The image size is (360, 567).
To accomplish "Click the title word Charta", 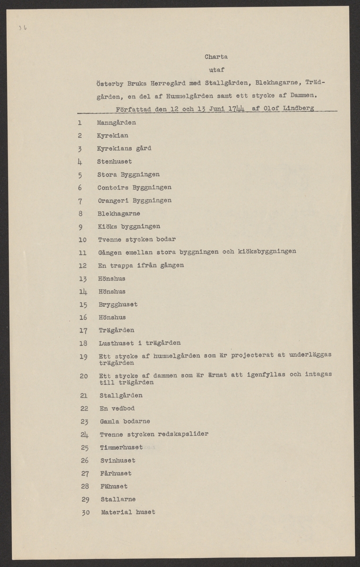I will point(216,57).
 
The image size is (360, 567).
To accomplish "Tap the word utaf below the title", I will point(216,69).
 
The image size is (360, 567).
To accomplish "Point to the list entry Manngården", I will point(116,123).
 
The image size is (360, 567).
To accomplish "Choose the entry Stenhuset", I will point(115,161).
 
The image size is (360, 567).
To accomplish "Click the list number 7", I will point(81,200).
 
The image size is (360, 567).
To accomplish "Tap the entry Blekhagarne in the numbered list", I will point(118,213).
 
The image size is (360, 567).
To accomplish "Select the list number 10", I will point(82,240).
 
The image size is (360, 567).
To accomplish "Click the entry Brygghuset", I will point(117,304).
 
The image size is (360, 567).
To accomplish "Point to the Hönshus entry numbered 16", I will point(112,318).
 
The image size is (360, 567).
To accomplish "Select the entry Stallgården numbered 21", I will point(121,395).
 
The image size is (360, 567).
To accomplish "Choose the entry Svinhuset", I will point(118,460).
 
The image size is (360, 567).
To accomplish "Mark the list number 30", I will point(85,512).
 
